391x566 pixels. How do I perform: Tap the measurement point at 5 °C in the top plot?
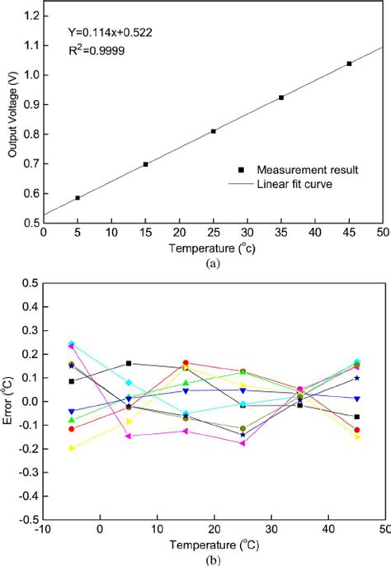click(x=78, y=198)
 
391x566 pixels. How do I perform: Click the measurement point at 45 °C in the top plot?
click(x=349, y=64)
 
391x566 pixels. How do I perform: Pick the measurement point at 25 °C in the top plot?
click(x=214, y=131)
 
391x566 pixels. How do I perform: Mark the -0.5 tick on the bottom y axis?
click(x=27, y=520)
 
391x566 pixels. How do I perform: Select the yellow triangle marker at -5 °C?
click(x=72, y=448)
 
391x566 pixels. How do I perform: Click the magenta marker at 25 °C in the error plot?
click(x=243, y=443)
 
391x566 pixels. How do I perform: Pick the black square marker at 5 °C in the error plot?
click(x=129, y=363)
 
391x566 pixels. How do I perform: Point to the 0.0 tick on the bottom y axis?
click(x=30, y=401)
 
